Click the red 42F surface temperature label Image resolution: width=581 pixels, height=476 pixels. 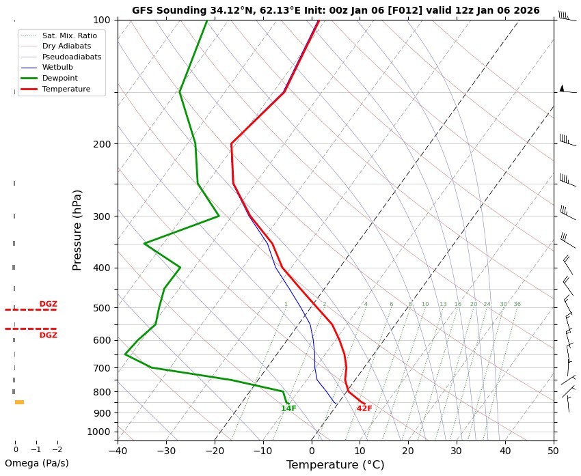click(364, 408)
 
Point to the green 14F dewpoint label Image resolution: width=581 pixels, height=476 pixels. click(288, 408)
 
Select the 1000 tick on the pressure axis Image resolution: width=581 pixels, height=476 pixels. click(100, 432)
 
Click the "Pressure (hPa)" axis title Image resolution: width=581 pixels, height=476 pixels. click(77, 229)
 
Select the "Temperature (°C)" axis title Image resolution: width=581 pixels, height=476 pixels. click(335, 465)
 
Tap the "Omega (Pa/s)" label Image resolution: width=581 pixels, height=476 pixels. click(37, 463)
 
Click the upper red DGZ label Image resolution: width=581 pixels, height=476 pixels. click(48, 304)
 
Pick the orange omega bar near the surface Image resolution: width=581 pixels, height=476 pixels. click(19, 402)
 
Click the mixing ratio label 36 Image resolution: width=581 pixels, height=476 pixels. click(517, 304)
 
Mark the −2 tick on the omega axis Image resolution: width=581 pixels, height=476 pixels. click(57, 449)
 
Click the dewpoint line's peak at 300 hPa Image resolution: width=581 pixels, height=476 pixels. click(219, 216)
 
